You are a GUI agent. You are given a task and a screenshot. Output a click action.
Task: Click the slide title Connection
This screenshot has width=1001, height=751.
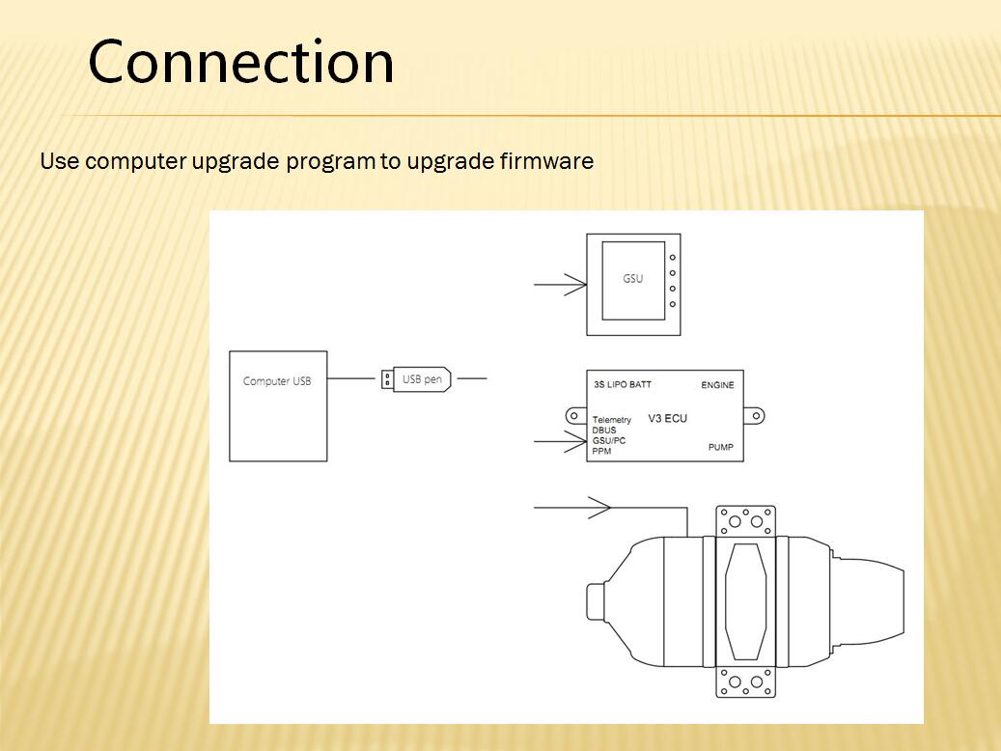click(x=240, y=62)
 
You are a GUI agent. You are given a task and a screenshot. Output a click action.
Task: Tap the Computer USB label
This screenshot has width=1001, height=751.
click(x=277, y=381)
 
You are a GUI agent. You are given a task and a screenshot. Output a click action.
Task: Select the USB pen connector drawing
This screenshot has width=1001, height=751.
click(x=416, y=379)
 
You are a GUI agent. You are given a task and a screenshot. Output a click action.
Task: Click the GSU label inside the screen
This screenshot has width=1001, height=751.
click(x=632, y=278)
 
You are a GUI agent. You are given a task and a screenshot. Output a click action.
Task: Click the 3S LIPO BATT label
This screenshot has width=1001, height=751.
click(x=623, y=384)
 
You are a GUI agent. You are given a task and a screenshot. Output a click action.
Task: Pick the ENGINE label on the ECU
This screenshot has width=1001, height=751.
click(x=717, y=385)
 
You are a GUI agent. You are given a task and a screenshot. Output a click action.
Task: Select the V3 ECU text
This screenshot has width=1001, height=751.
click(x=667, y=418)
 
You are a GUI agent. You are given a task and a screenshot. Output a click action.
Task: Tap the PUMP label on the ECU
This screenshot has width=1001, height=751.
click(x=721, y=447)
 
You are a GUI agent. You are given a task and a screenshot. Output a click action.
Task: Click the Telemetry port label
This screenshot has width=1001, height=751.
click(x=612, y=420)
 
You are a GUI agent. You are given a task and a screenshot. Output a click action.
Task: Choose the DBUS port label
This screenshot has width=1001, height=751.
click(x=604, y=431)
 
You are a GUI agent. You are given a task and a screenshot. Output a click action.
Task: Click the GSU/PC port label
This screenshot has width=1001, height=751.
click(x=609, y=440)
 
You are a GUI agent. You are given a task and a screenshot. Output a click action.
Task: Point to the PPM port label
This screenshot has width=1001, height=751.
click(x=601, y=451)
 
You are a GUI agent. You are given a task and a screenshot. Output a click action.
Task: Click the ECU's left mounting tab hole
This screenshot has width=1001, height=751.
click(x=574, y=416)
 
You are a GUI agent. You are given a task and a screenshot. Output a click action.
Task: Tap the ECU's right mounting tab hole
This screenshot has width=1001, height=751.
click(x=757, y=416)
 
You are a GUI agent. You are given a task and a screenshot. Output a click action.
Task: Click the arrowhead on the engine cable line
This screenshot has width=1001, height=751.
click(x=599, y=508)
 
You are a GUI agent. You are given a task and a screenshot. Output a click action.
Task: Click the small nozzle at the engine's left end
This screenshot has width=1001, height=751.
click(x=595, y=601)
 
